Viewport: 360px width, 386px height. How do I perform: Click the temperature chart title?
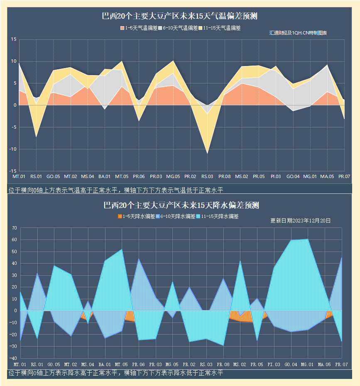pos(180,17)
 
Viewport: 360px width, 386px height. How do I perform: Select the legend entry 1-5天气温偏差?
pos(139,28)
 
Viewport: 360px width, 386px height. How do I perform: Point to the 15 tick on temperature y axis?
pos(13,40)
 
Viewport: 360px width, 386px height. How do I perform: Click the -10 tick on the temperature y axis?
pos(12,149)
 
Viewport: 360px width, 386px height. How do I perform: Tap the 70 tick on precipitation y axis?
pos(14,228)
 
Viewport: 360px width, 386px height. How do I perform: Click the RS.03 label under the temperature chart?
pos(207,177)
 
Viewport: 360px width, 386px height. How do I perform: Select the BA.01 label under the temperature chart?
pos(104,177)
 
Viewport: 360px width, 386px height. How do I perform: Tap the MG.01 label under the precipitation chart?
pos(307,364)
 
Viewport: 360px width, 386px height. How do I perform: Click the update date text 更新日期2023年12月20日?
pos(300,221)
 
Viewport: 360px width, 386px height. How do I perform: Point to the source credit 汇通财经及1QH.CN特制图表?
pos(298,33)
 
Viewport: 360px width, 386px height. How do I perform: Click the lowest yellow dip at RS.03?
pos(207,153)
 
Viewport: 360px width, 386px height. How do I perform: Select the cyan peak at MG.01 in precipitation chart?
pos(307,239)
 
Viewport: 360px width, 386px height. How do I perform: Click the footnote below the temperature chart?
pos(115,191)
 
